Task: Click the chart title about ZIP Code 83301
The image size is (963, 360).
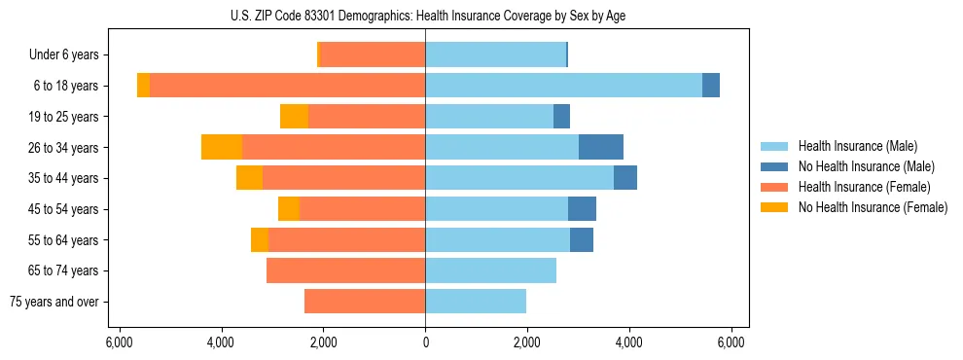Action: [425, 16]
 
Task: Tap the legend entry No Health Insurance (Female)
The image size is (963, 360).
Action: [873, 207]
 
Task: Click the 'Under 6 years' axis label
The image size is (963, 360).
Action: [64, 55]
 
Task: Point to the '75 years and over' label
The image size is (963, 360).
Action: [56, 302]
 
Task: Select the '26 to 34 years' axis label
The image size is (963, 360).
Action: [63, 148]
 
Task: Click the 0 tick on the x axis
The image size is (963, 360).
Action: [425, 342]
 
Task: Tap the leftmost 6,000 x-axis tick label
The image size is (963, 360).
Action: [119, 342]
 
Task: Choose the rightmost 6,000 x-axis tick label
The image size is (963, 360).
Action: [731, 342]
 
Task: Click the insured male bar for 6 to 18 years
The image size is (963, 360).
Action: [563, 86]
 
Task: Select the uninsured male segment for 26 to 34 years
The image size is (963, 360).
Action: [601, 147]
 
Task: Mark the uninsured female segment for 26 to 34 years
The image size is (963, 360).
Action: [222, 147]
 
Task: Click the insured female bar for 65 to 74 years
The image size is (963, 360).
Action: [345, 270]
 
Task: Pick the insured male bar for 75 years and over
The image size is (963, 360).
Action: [476, 302]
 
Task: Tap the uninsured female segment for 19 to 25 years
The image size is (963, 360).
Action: [294, 117]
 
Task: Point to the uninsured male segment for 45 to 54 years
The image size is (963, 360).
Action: [582, 209]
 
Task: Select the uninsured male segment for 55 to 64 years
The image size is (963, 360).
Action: [582, 239]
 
